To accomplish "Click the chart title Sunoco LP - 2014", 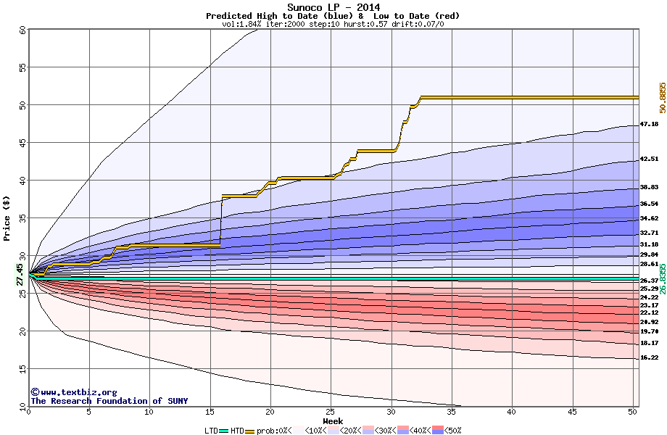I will pos(333,7).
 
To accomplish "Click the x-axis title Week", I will pos(333,421).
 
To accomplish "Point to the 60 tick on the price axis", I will pos(22,30).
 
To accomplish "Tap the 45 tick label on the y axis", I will pos(22,143).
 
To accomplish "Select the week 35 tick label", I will pos(452,412).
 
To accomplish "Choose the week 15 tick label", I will pos(210,412).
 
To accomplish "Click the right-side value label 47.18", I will pos(649,124).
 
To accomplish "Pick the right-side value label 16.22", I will pos(649,357).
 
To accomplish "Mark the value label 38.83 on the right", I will pos(649,187).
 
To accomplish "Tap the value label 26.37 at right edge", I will pos(649,281).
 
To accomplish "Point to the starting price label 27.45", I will pos(20,276).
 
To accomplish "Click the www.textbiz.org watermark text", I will pos(69,392).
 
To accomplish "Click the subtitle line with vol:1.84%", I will pos(333,24).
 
